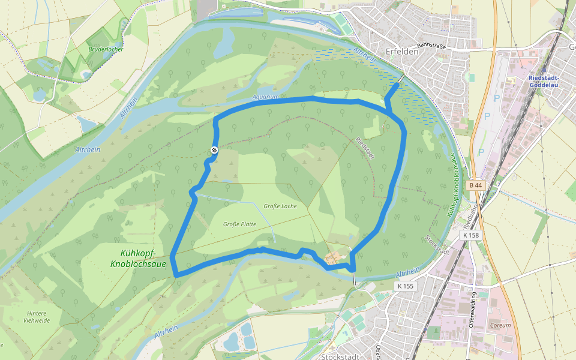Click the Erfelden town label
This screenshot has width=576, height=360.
402,52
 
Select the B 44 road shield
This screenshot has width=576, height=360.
476,185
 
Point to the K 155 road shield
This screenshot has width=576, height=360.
406,286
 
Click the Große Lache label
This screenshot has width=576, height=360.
280,206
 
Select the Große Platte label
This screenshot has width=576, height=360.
239,224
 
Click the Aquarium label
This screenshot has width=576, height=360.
266,97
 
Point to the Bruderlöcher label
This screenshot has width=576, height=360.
106,49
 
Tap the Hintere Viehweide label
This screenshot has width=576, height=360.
37,316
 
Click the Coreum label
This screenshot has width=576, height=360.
500,325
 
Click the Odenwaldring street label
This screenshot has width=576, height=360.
473,306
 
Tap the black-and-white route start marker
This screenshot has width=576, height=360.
214,150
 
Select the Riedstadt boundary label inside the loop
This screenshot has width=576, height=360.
365,148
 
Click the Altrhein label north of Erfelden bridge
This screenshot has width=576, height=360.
365,56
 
